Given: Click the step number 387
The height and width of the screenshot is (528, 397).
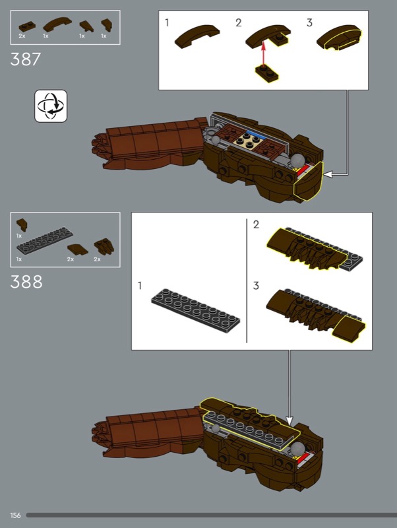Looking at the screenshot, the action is coord(26,59).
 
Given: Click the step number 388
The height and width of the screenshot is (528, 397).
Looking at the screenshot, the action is coord(26,282).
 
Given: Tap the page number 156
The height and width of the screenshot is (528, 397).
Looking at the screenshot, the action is coord(15,515).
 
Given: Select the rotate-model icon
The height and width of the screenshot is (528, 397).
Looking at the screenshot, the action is coord(51,106).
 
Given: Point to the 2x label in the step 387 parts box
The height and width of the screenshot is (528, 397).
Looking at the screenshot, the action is coord(22,36).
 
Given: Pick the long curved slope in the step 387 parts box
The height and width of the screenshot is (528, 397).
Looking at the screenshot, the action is coord(57,24).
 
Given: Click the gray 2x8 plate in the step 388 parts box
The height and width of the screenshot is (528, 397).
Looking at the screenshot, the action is coord(45,240).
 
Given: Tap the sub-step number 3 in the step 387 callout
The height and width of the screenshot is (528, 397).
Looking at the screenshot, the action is coord(309,22).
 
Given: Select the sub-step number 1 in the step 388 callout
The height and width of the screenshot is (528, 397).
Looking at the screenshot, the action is coord(140,286).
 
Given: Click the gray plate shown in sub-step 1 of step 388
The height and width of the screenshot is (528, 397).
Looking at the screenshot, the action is coord(195,310).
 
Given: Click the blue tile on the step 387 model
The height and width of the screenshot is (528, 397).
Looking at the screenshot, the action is coord(256,135).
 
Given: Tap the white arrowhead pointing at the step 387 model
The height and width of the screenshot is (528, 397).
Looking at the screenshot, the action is coord(328,174).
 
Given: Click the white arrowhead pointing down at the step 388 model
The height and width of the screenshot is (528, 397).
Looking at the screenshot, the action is coord(290,421).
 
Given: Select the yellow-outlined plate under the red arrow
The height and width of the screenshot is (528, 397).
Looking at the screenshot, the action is coord(267,73).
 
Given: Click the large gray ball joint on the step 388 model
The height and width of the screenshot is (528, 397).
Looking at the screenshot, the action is coord(297,449).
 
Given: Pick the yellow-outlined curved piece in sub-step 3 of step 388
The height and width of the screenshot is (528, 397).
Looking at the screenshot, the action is coord(349,329).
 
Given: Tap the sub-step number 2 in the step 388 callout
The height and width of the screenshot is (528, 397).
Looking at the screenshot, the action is coord(256,224).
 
